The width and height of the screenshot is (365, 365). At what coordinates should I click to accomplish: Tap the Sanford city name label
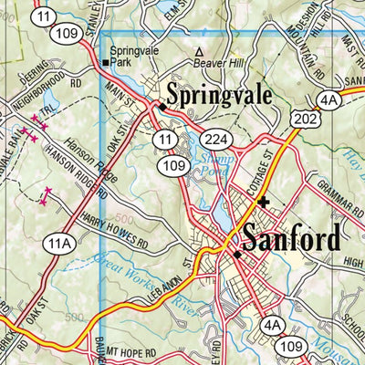coord(291,240)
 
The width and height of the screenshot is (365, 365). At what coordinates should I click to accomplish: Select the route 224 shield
coord(214,139)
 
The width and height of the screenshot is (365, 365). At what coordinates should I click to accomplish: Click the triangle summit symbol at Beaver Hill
coord(198,51)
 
